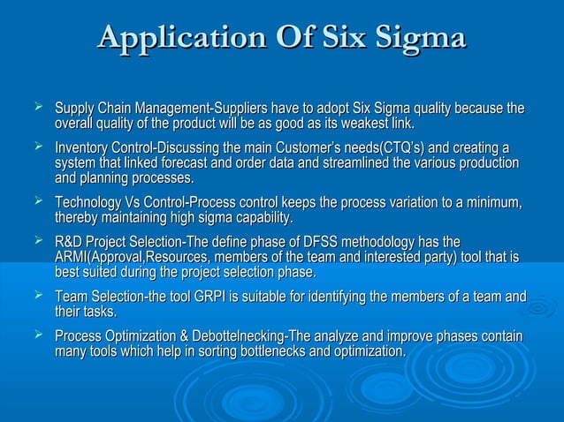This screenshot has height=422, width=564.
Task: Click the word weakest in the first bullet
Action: click(358, 123)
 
